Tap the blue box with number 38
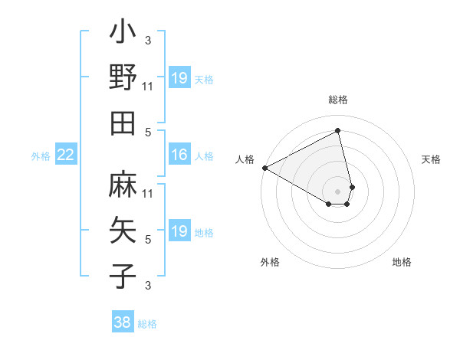coord(123,322)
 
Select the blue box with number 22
coord(65,155)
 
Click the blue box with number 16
coord(179,155)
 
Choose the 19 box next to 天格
coord(179,78)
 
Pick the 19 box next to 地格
coord(179,231)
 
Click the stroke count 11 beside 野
coord(148,86)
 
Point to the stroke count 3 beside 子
coord(148,285)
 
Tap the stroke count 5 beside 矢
coord(148,239)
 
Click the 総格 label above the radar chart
coord(338,100)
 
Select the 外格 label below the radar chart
coord(270,263)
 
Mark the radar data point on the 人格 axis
coord(264,167)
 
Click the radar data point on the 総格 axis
coord(338,130)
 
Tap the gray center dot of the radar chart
coord(338,190)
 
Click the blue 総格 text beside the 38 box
coord(147,324)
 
